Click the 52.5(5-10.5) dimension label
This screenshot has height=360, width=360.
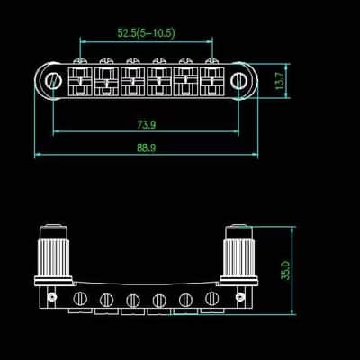click(x=146, y=33)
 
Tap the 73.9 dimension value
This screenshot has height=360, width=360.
click(x=147, y=124)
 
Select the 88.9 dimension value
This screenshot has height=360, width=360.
click(x=147, y=148)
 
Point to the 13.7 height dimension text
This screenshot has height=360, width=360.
click(x=280, y=81)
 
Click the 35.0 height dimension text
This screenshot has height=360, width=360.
click(x=285, y=270)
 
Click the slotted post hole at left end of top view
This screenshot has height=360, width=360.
click(x=54, y=80)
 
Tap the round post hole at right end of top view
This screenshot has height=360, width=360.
click(x=239, y=79)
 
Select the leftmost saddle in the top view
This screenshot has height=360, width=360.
click(x=80, y=81)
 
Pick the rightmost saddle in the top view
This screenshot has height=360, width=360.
click(x=211, y=81)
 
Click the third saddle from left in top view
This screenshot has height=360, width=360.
click(x=133, y=81)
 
